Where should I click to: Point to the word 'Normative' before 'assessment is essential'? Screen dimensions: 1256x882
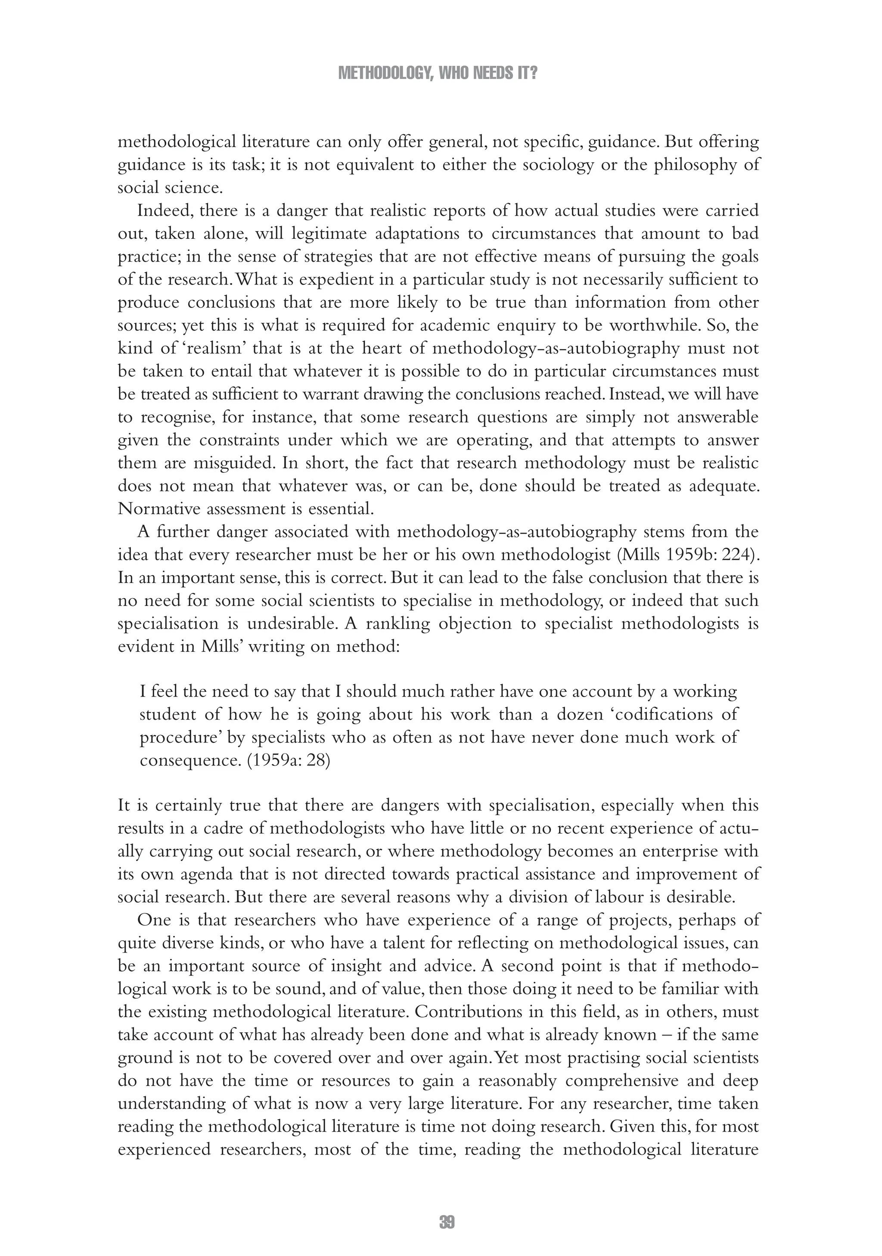pos(158,509)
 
